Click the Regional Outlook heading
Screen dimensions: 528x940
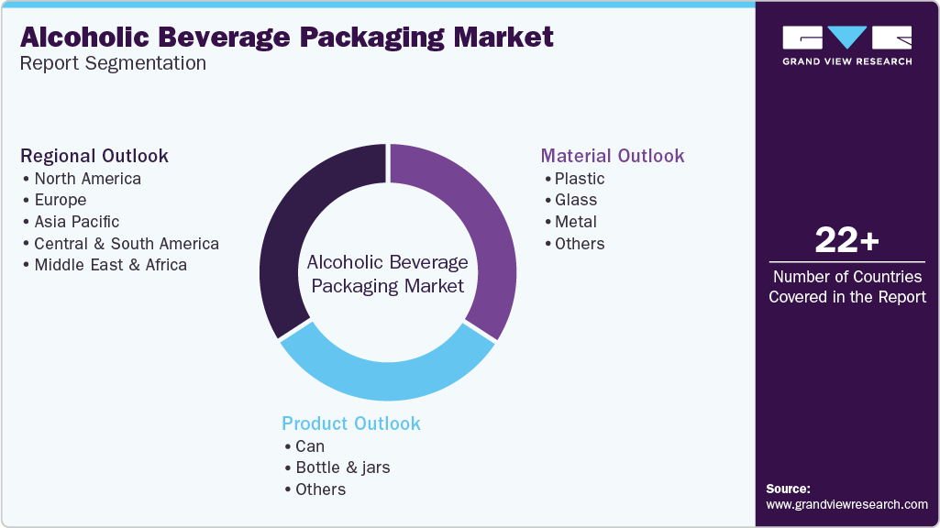click(x=94, y=156)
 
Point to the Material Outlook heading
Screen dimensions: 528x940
click(x=613, y=156)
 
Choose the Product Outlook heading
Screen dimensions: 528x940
click(x=351, y=423)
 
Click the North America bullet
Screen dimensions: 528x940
click(x=87, y=179)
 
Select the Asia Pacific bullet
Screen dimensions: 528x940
click(x=76, y=222)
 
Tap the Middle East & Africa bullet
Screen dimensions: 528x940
click(x=110, y=265)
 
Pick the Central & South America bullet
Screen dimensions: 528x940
click(x=127, y=244)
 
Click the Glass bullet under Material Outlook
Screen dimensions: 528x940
click(x=576, y=200)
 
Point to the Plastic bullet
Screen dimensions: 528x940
click(x=580, y=179)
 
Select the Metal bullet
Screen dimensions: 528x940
click(x=576, y=222)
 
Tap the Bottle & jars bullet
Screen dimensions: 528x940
click(x=342, y=467)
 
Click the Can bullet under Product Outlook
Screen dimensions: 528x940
click(x=310, y=446)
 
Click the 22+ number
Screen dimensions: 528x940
click(x=846, y=241)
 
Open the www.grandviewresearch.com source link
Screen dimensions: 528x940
click(x=846, y=504)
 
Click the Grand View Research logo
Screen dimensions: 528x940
click(x=846, y=45)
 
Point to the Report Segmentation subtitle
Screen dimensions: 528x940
click(x=113, y=63)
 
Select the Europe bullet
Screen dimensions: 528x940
click(x=61, y=200)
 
